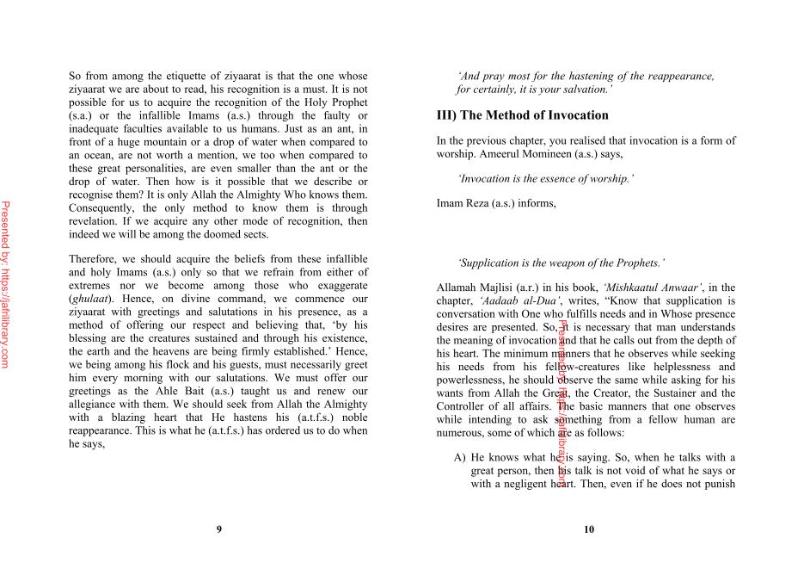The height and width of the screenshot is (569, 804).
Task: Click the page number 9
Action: coord(218,529)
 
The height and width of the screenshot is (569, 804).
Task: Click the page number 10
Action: coord(588,529)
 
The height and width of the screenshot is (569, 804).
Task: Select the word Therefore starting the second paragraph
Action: coord(96,259)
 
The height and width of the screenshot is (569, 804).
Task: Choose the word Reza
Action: coord(482,203)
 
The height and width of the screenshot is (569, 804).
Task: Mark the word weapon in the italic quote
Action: coord(577,263)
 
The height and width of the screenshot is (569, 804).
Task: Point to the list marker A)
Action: coord(459,458)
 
